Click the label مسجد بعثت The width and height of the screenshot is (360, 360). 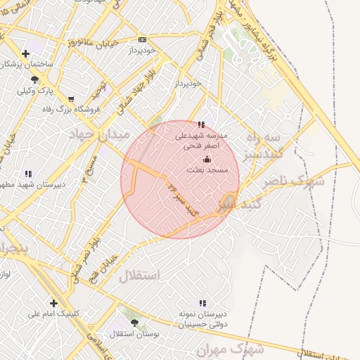[207, 170]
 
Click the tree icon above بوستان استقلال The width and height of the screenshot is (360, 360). [134, 323]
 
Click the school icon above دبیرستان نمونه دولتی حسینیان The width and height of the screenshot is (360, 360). [203, 302]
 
